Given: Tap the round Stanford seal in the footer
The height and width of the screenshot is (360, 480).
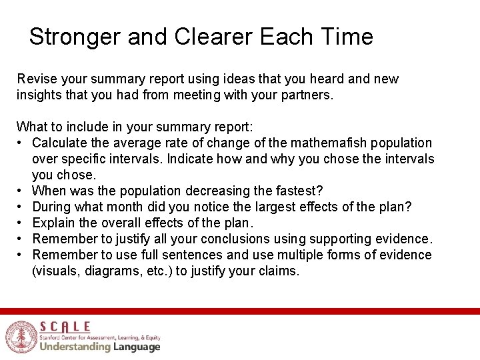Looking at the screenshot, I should pyautogui.click(x=21, y=337).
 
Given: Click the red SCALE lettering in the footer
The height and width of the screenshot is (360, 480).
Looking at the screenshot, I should pyautogui.click(x=65, y=326).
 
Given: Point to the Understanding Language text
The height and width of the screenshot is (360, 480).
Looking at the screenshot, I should pyautogui.click(x=100, y=347).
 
